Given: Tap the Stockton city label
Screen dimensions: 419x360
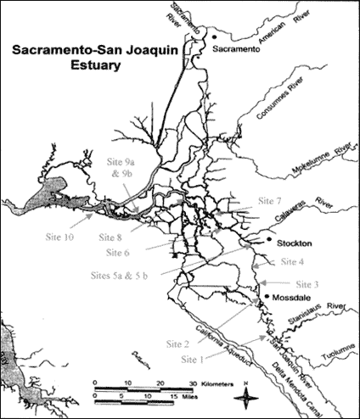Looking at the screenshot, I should tap(296, 242).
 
